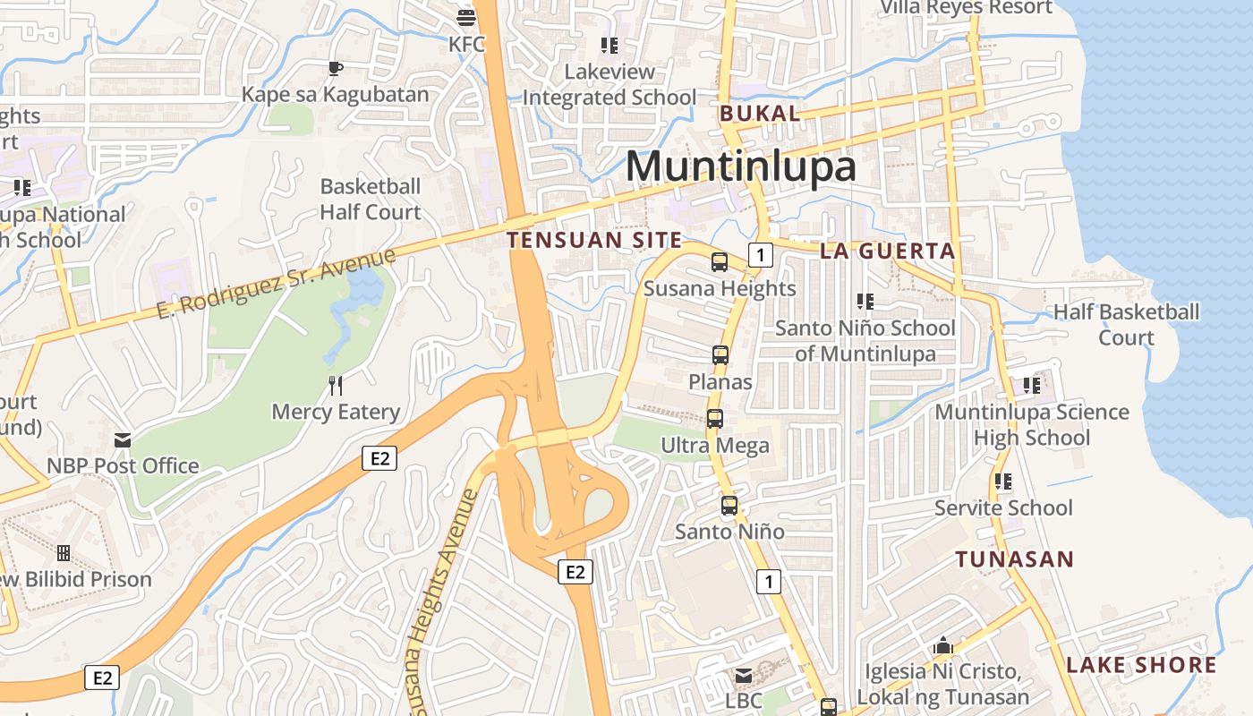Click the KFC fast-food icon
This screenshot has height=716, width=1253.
click(x=465, y=17)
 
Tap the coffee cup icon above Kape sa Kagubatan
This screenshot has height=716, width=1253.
click(x=335, y=68)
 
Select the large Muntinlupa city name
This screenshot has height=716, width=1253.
click(x=740, y=166)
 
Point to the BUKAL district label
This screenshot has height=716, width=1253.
click(x=760, y=114)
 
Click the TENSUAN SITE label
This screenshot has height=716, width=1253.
click(x=594, y=240)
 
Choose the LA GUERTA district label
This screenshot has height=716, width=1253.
click(x=888, y=251)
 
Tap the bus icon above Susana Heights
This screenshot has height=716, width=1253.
click(x=720, y=262)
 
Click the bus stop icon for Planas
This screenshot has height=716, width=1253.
click(x=720, y=355)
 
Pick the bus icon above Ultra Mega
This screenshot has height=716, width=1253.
click(x=714, y=419)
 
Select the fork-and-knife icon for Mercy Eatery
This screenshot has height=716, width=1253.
click(x=336, y=386)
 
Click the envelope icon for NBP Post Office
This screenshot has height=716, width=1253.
click(x=123, y=439)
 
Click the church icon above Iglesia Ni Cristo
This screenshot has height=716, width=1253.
click(x=943, y=645)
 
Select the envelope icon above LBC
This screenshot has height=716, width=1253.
click(x=743, y=676)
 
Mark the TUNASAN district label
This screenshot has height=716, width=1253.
click(x=1014, y=559)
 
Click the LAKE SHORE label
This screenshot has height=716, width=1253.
click(x=1141, y=665)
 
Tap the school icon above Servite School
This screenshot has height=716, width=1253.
click(x=1003, y=482)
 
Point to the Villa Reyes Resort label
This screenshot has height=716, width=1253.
click(x=967, y=8)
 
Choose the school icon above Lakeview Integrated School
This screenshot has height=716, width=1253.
click(x=609, y=46)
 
